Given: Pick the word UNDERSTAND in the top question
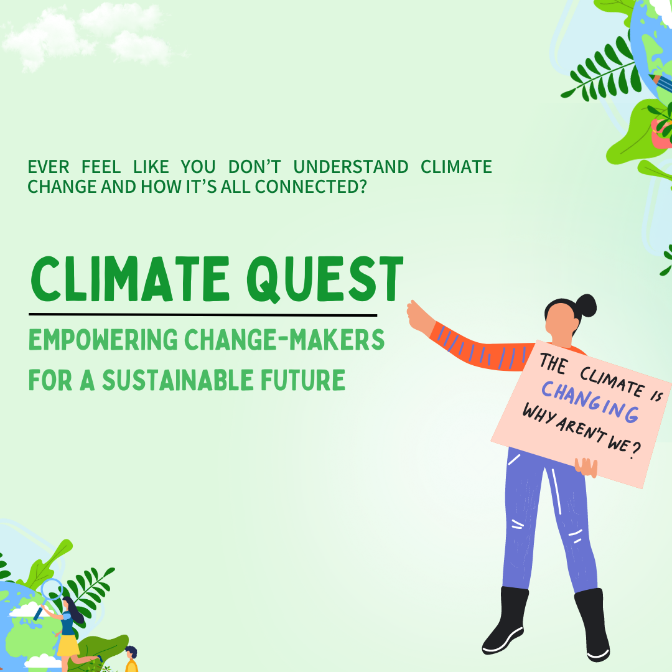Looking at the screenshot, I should pos(350,167).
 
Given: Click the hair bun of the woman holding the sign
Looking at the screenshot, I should pos(586,305).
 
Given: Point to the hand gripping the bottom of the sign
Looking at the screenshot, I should pos(586,467).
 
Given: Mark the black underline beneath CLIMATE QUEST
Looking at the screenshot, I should pos(203,315).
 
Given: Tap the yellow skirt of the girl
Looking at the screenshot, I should pos(67,644).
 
